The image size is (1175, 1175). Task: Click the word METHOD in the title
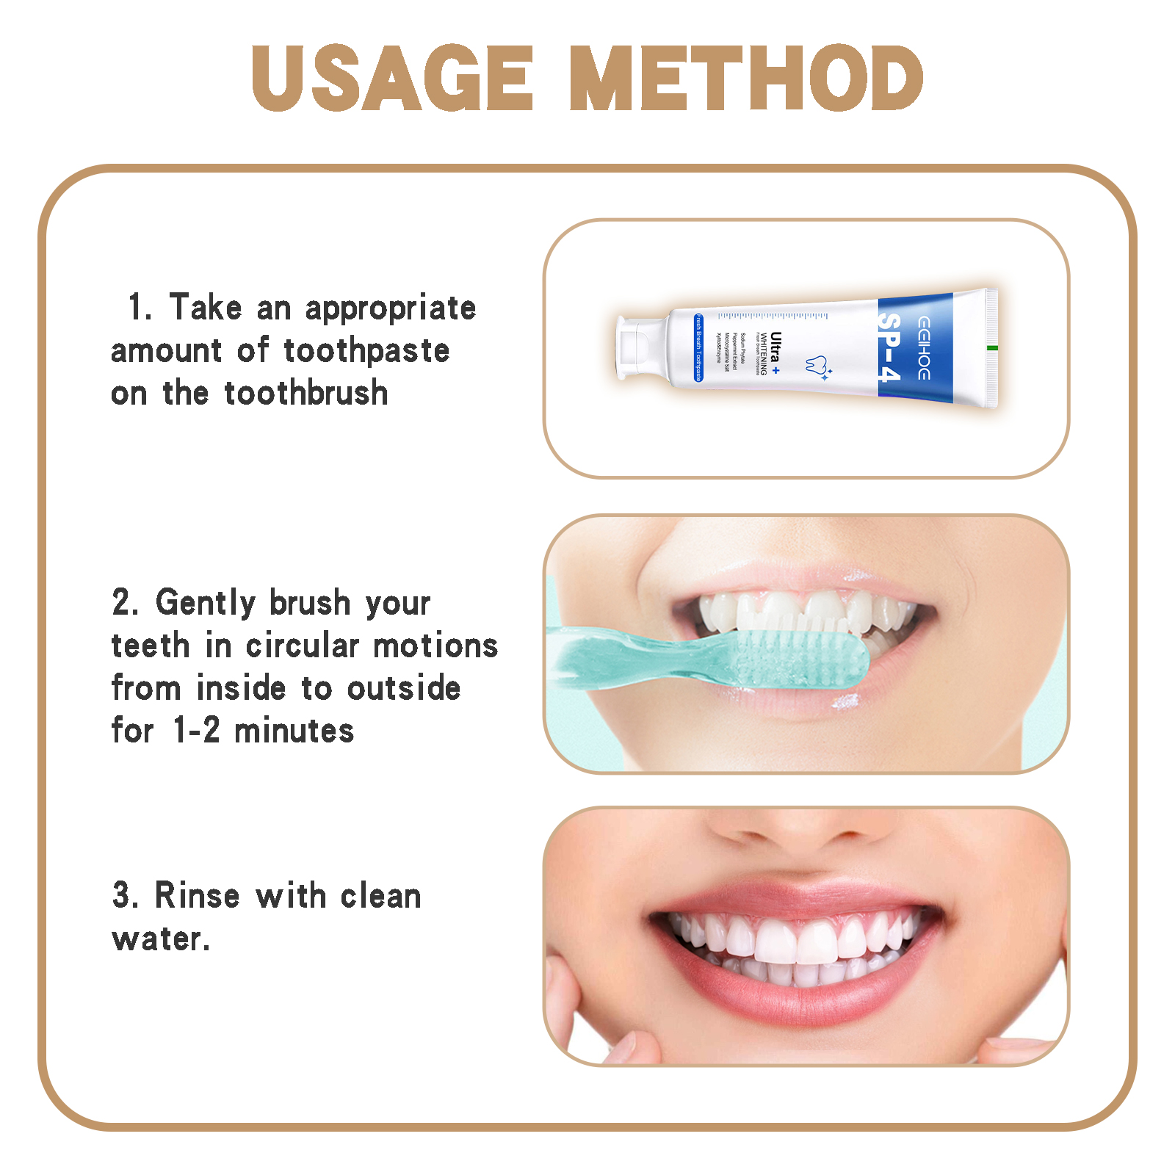[x=746, y=78]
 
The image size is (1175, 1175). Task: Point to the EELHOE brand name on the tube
[x=924, y=348]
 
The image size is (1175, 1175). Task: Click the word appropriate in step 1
[x=391, y=308]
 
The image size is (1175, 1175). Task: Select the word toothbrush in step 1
[x=306, y=394]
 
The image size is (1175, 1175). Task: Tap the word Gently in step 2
[x=206, y=603]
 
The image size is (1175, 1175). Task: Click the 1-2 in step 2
[x=196, y=731]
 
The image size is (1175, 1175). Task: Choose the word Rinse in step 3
[x=197, y=896]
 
